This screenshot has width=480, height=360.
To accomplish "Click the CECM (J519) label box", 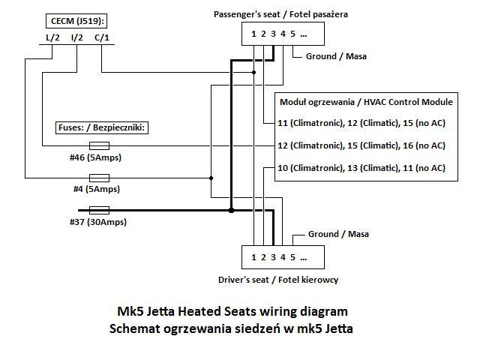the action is (76, 21).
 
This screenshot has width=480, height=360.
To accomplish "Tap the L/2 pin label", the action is (52, 37).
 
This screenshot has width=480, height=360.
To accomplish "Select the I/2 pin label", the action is (76, 37).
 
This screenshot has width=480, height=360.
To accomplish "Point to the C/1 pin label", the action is (102, 37).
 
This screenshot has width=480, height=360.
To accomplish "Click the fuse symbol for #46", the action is (99, 145).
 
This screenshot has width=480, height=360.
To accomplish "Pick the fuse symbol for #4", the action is (99, 178).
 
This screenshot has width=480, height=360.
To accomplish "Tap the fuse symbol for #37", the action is (99, 210).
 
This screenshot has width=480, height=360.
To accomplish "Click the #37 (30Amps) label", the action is (98, 222).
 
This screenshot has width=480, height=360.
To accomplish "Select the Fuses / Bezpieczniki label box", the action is (102, 127).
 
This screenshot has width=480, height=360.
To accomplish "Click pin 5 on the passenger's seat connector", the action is (292, 34).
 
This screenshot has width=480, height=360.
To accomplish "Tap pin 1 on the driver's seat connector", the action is (253, 257).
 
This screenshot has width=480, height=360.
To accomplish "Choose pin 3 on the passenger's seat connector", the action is (273, 34).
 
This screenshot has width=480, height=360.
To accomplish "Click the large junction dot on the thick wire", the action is (232, 210).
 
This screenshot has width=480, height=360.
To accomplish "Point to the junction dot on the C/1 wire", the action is (253, 73).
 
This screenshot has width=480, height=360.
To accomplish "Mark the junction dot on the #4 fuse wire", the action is (211, 178).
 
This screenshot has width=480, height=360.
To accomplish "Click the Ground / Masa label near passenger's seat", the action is (336, 56).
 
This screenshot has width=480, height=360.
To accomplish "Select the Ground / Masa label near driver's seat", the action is (338, 234).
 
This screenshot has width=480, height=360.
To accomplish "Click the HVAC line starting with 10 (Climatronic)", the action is (361, 168).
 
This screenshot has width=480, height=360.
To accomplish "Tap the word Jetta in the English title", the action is (160, 312).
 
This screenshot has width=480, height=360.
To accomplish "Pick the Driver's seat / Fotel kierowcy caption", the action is (278, 280).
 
